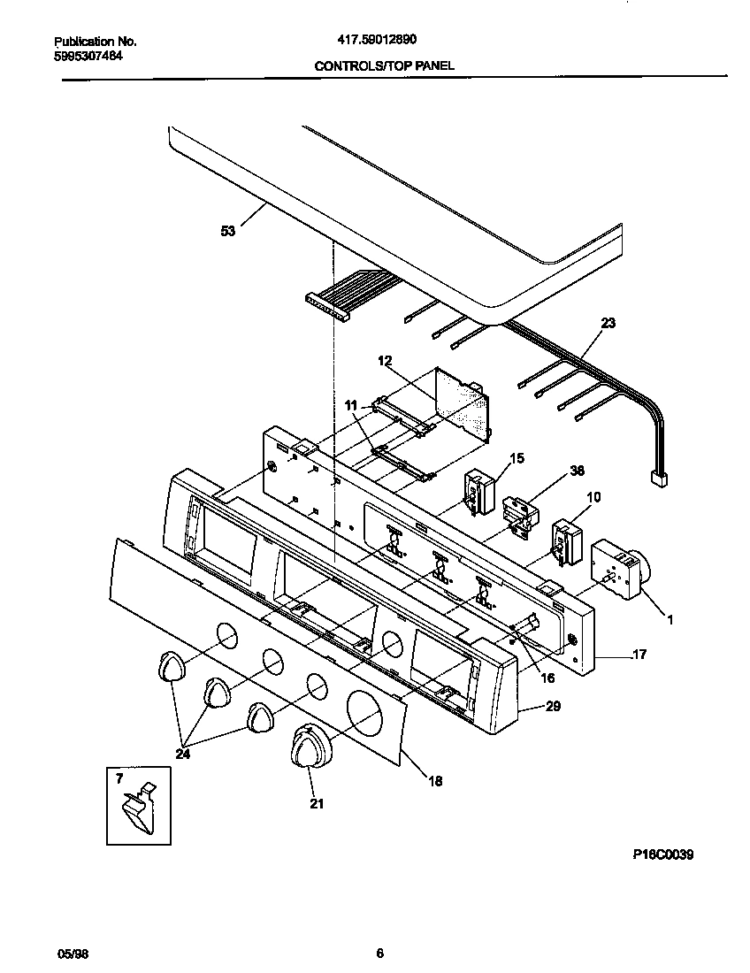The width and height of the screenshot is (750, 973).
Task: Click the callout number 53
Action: pyautogui.click(x=228, y=232)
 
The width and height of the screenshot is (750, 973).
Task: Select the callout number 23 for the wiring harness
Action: pyautogui.click(x=608, y=324)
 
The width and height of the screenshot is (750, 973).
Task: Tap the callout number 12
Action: pyautogui.click(x=384, y=361)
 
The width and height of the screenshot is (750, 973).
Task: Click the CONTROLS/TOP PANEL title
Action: pyautogui.click(x=385, y=65)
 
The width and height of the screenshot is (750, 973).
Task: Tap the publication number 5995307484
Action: pyautogui.click(x=88, y=56)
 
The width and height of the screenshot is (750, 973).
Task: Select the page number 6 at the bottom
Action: pyautogui.click(x=379, y=953)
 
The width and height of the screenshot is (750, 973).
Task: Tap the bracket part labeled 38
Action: pyautogui.click(x=519, y=513)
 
